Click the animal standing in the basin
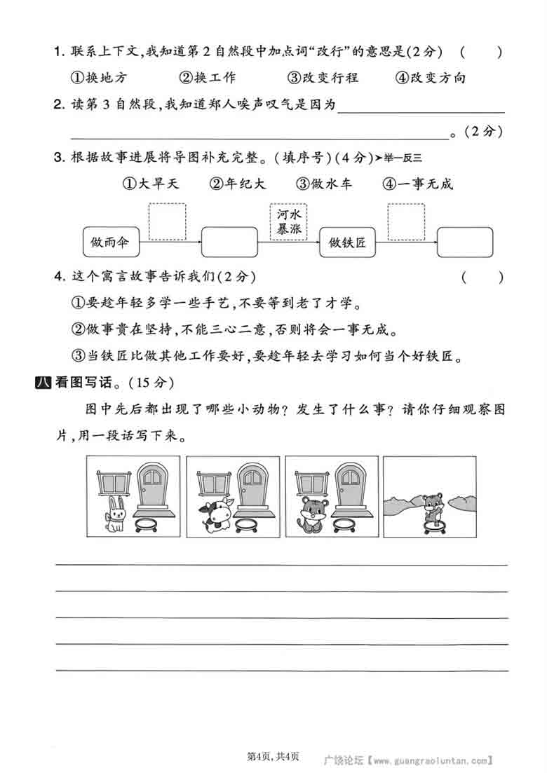coord(431,507)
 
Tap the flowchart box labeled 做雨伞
coord(111,242)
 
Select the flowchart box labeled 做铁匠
coord(347,242)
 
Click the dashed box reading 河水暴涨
coord(288,221)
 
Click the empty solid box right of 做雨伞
coord(229,242)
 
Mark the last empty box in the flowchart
coord(464,242)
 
